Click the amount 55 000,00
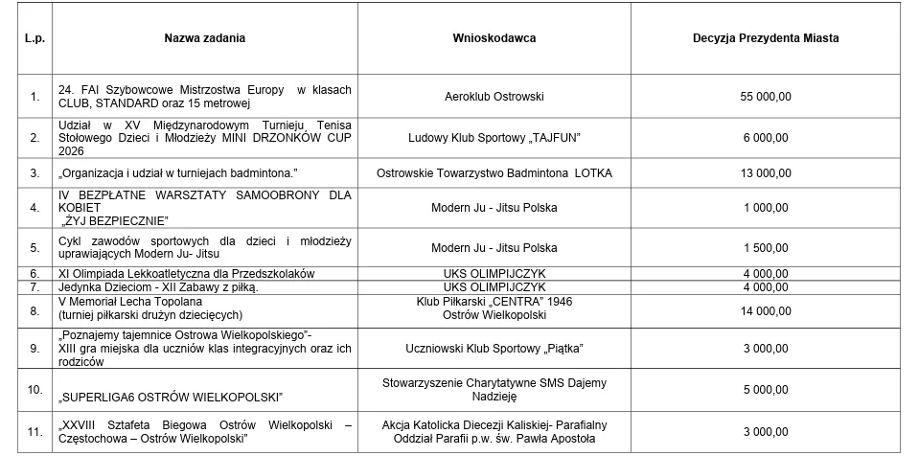[766, 97]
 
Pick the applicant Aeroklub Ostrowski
[494, 97]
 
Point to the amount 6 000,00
[766, 138]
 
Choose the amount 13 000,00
[766, 173]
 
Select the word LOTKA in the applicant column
[594, 173]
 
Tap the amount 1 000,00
[766, 207]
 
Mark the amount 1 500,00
[766, 247]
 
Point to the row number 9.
[35, 348]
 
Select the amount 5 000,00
[766, 391]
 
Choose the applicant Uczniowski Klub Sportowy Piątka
[494, 348]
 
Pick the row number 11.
[35, 431]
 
